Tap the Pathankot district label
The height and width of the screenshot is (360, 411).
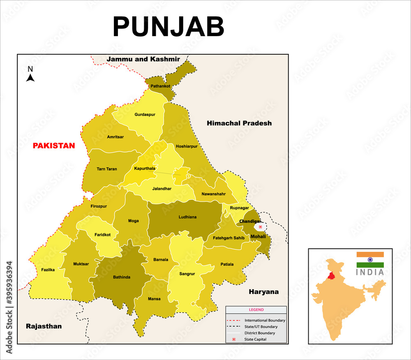160,86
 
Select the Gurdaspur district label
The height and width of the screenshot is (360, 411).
145,115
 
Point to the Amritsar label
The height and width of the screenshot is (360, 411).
115,137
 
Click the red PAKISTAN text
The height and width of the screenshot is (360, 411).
54,145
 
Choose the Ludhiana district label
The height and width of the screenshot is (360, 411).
187,217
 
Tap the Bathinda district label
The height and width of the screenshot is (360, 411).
122,277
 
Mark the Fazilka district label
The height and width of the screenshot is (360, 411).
48,270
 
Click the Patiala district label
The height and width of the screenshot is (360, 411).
227,264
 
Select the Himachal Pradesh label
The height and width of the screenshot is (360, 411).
239,123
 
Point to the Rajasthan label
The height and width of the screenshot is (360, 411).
44,326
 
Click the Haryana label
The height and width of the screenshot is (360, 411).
263,292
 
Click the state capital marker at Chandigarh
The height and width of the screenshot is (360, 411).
260,226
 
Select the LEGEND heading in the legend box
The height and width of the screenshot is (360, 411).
256,310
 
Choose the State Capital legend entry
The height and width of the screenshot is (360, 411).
255,339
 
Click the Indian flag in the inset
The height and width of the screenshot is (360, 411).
370,260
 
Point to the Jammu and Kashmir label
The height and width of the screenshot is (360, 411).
143,59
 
